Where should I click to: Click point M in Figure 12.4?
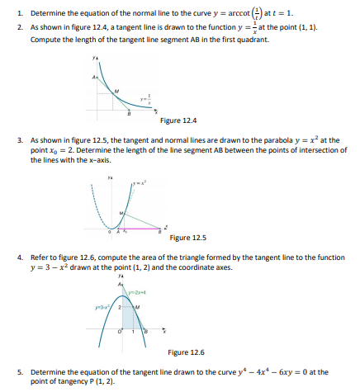click(116, 92)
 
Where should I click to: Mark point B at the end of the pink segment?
click(161, 228)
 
